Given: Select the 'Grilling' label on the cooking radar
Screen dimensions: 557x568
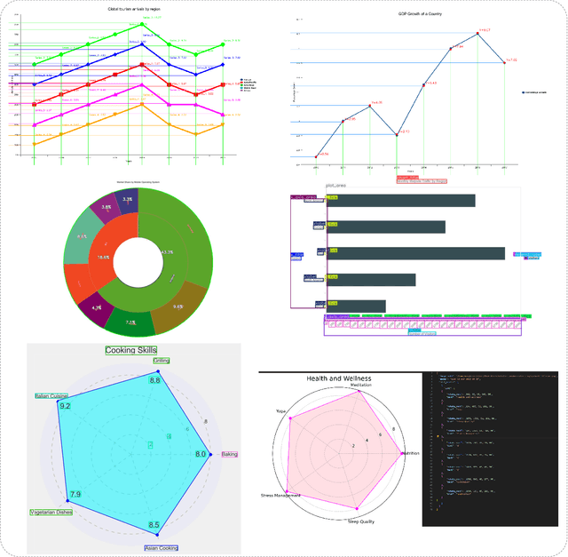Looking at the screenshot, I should [x=161, y=361].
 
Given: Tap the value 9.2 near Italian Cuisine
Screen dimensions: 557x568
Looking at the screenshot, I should [x=65, y=405].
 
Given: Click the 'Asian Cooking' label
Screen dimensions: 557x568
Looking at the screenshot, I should [x=154, y=548].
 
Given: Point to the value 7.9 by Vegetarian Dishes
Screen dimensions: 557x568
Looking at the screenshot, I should [x=75, y=494].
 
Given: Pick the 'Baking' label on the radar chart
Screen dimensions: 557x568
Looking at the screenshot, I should [x=229, y=454].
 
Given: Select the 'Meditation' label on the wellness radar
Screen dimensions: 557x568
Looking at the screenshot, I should [x=361, y=386].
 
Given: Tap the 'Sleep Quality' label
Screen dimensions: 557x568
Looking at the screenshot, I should [x=360, y=521].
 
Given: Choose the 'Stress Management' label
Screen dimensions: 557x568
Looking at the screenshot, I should [x=280, y=495].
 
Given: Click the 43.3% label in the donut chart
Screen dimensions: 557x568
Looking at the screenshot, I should [x=167, y=251].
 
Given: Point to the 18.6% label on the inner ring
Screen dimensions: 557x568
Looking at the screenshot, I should [x=104, y=257].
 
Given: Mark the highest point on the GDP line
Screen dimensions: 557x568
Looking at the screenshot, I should [x=477, y=34].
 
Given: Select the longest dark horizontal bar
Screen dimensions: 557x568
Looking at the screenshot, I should [x=415, y=253].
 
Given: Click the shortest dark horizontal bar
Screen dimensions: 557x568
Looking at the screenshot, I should [x=356, y=306].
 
